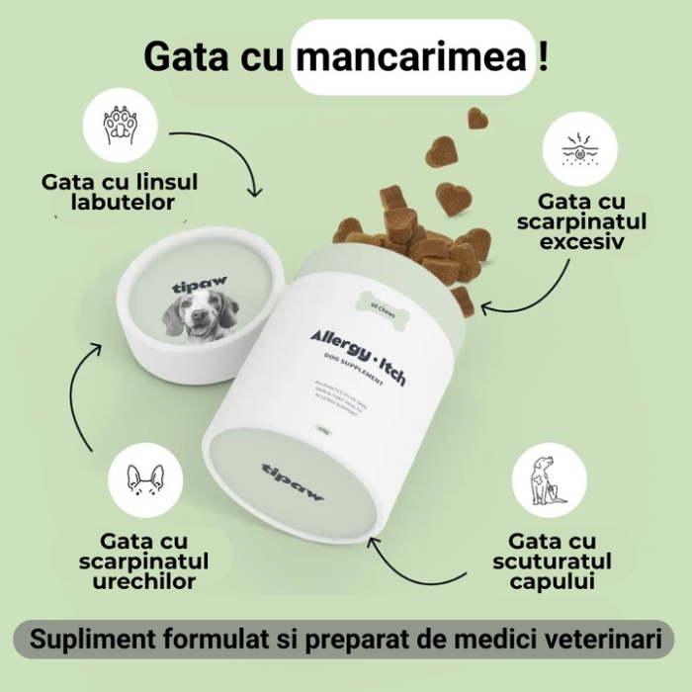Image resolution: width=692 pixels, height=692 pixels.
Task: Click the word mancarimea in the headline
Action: pyautogui.click(x=412, y=56)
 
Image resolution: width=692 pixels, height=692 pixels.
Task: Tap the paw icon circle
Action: pyautogui.click(x=120, y=126)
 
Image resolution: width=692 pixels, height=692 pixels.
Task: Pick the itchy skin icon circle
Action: pyautogui.click(x=574, y=148)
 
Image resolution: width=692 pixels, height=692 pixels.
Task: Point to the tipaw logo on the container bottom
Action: pyautogui.click(x=294, y=482)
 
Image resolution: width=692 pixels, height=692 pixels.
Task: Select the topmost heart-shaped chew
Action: pyautogui.click(x=477, y=119)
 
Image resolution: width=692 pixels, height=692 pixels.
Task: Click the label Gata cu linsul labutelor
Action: pyautogui.click(x=120, y=192)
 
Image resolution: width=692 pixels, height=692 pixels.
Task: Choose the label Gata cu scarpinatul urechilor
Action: pyautogui.click(x=143, y=561)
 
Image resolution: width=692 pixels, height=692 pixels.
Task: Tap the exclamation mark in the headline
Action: pyautogui.click(x=544, y=56)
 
